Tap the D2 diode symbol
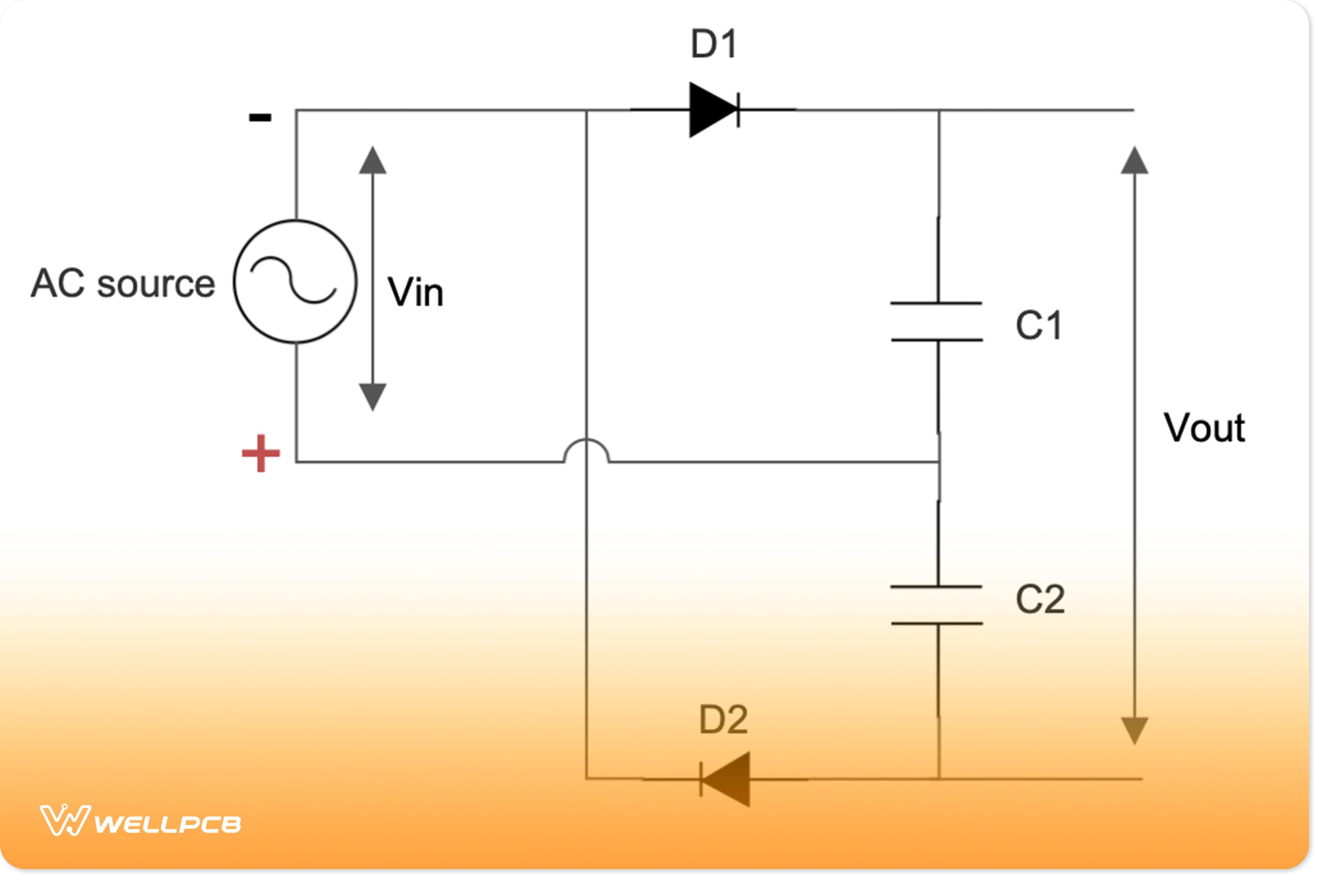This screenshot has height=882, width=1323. click(x=726, y=780)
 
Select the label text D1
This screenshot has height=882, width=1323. click(x=714, y=44)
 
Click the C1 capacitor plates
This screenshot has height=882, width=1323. click(x=937, y=322)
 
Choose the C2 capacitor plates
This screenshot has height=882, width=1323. click(x=937, y=605)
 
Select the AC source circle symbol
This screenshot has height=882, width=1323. click(x=295, y=281)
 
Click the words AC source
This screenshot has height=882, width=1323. click(x=122, y=284)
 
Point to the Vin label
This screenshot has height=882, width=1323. click(x=416, y=292)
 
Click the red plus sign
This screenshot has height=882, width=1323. click(x=260, y=453)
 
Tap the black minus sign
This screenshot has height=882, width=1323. click(x=260, y=118)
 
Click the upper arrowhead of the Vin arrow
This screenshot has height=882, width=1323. click(x=373, y=161)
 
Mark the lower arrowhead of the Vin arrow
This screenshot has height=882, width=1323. click(x=373, y=396)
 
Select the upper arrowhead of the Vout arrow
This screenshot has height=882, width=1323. click(x=1134, y=161)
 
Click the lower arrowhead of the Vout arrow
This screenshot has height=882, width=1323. click(x=1134, y=730)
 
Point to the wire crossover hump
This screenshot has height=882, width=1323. click(x=586, y=450)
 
